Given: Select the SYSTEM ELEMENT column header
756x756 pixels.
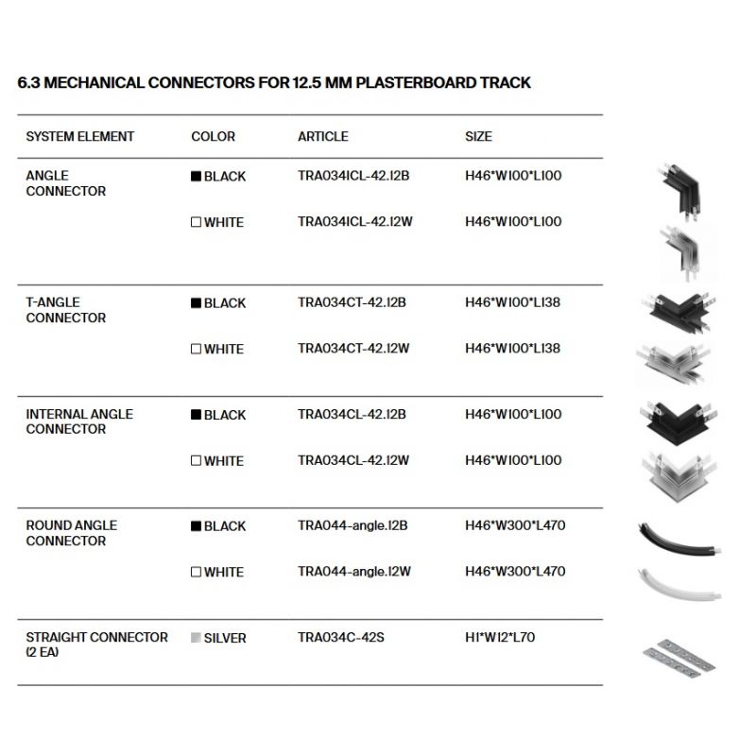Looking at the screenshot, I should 80,137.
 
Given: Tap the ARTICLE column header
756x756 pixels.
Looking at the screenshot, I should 323,137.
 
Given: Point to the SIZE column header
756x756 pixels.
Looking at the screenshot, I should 478,137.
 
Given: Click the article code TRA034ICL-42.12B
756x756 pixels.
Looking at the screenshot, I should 352,176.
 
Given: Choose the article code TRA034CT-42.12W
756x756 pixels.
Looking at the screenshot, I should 353,349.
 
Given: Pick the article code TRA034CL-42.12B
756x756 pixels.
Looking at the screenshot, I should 352,415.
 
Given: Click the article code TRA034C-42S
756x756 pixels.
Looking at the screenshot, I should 340,638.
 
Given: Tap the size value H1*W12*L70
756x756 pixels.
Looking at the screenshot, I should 500,638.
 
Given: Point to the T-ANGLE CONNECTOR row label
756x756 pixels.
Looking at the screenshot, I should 66,310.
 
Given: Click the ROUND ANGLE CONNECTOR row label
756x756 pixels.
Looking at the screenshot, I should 72,533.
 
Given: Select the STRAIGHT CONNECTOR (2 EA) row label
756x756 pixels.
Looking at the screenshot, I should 97,644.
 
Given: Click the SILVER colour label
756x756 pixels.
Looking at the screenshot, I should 225,639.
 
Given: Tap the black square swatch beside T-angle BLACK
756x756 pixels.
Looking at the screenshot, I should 197,303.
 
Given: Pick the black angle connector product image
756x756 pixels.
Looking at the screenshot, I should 679,192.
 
